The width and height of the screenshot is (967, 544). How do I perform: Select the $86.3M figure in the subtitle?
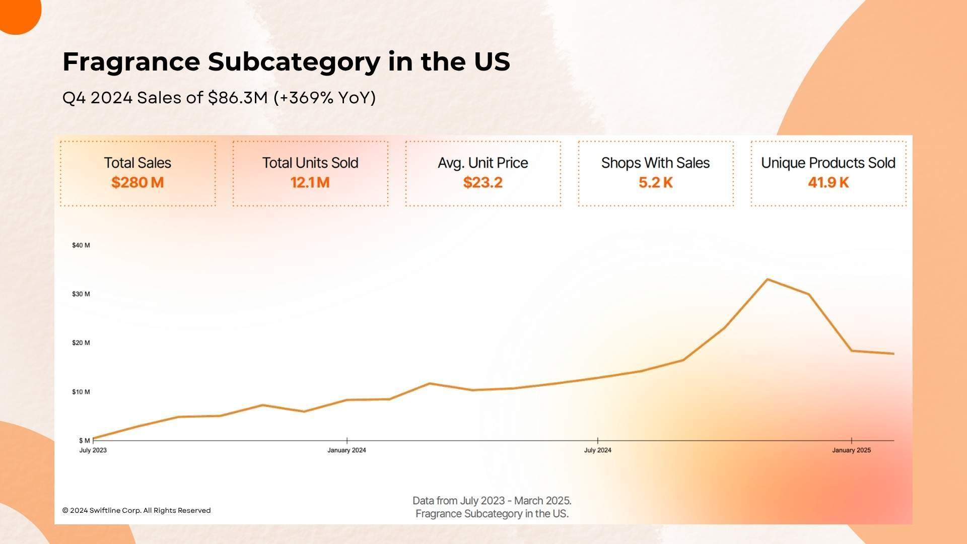(x=238, y=98)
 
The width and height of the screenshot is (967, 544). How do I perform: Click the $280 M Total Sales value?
(x=137, y=182)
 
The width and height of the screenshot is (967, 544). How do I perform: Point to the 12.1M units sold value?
(x=310, y=182)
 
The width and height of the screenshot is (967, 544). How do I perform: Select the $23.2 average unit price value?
(x=482, y=182)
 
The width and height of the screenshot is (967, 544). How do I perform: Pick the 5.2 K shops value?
(x=655, y=182)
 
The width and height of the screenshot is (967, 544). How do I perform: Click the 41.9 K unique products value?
(x=828, y=182)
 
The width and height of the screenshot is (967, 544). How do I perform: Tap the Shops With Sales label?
(x=655, y=163)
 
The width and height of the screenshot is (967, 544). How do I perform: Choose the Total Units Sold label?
(x=310, y=163)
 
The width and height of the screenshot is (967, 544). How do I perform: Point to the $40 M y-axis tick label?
(x=81, y=245)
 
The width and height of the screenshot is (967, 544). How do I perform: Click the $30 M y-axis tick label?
(x=81, y=294)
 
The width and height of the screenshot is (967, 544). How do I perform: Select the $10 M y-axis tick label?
(x=81, y=392)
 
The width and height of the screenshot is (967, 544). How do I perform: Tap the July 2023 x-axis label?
(x=93, y=450)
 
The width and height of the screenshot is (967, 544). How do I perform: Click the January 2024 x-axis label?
(x=347, y=450)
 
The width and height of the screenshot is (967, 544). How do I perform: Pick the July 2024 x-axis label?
(x=597, y=450)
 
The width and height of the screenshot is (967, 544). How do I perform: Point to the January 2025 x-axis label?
(x=851, y=450)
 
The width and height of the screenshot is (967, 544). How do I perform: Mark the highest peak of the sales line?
(x=767, y=280)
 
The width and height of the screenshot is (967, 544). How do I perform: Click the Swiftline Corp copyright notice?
(x=136, y=510)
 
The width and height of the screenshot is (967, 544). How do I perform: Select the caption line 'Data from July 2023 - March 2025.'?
(x=492, y=501)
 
